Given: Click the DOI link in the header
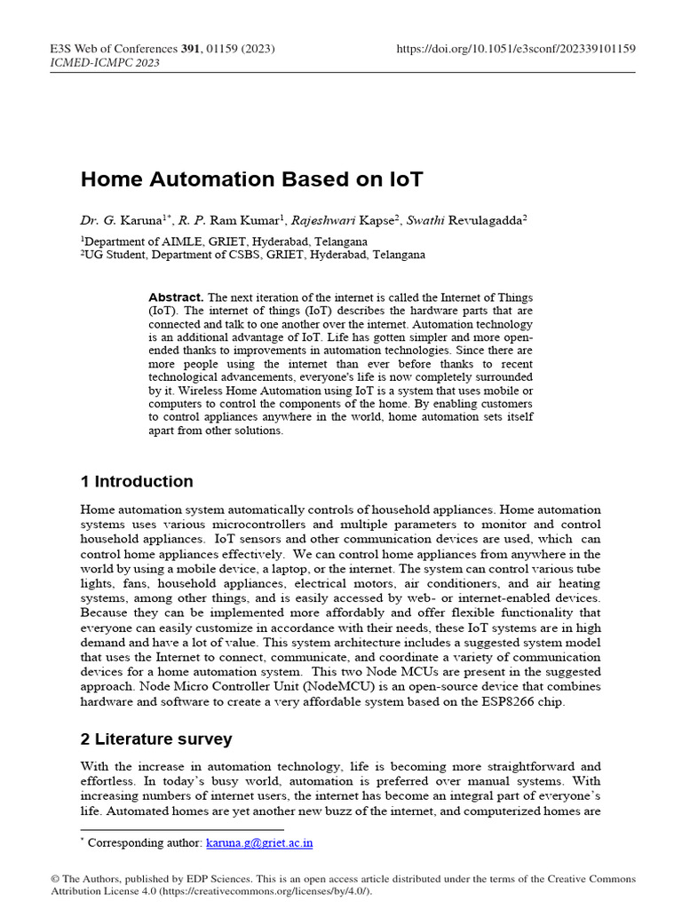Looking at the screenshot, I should point(515,48).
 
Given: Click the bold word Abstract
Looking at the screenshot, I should point(176,297).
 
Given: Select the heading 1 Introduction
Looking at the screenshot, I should point(137,482).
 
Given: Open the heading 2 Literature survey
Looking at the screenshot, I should point(156,739).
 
